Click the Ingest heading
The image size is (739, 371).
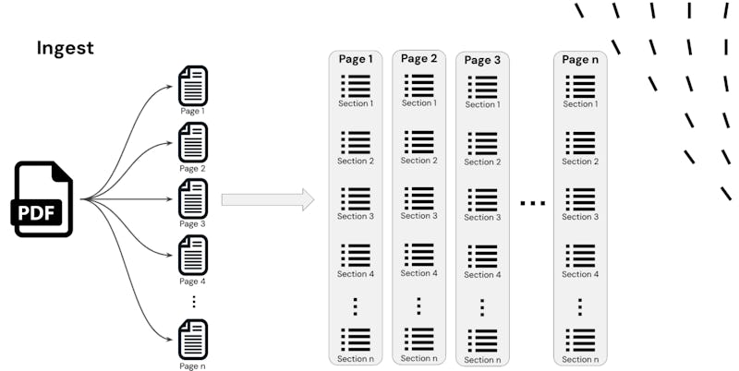pyautogui.click(x=66, y=48)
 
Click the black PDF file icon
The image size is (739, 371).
pyautogui.click(x=42, y=199)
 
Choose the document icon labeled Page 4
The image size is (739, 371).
pyautogui.click(x=192, y=255)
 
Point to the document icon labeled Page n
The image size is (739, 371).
pyautogui.click(x=192, y=339)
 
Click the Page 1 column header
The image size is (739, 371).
pyautogui.click(x=356, y=59)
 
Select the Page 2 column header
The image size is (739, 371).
pyautogui.click(x=418, y=59)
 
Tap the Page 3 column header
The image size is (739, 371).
pyautogui.click(x=482, y=61)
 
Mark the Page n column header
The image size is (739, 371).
pyautogui.click(x=580, y=60)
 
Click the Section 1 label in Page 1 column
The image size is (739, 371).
pyautogui.click(x=356, y=103)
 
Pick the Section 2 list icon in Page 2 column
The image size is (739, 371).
pyautogui.click(x=418, y=142)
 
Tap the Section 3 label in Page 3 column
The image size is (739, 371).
pyautogui.click(x=482, y=217)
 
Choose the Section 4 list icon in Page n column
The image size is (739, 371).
pyautogui.click(x=580, y=256)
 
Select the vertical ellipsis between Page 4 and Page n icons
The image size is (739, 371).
pyautogui.click(x=193, y=301)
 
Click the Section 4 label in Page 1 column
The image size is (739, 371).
pyautogui.click(x=356, y=274)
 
